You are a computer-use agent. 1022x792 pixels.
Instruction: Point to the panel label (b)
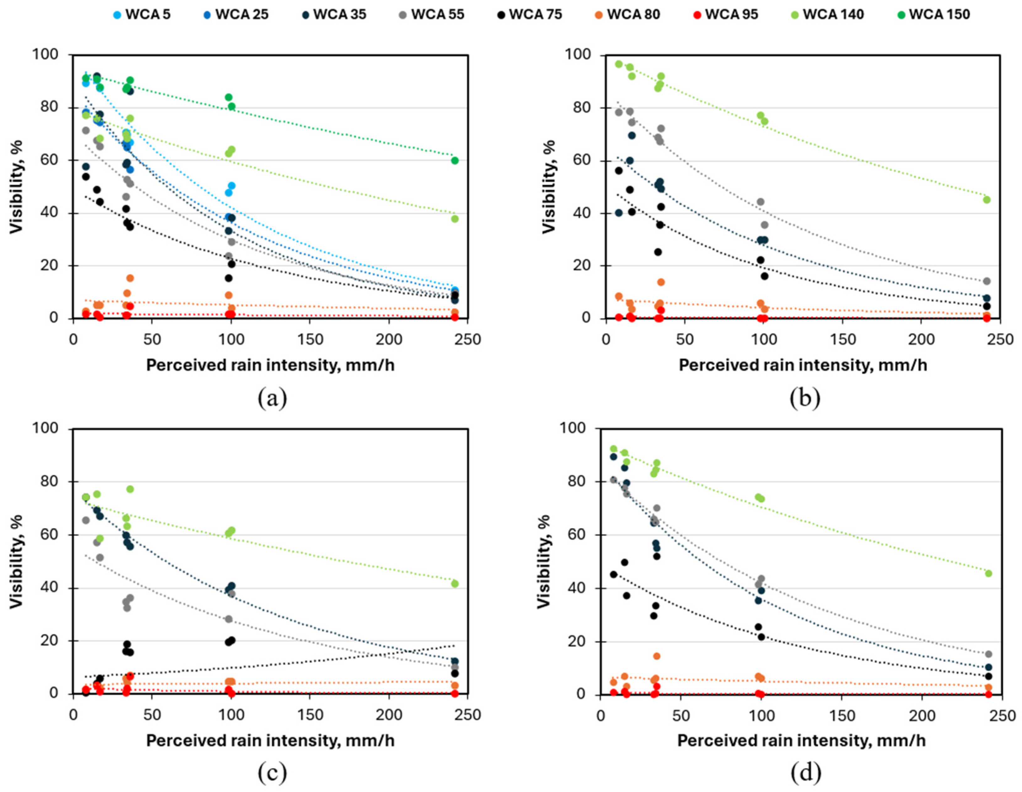[x=805, y=398]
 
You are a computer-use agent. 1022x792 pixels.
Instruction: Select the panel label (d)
[x=805, y=773]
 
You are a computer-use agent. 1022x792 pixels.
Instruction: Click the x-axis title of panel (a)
[x=270, y=365]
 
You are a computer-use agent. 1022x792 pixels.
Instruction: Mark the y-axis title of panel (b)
[x=548, y=186]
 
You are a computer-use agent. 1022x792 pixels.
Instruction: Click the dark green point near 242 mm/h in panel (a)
[x=454, y=160]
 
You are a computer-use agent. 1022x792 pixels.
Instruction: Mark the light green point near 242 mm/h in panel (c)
[x=454, y=584]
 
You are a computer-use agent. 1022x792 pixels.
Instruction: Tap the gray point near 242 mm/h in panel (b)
[x=987, y=281]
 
